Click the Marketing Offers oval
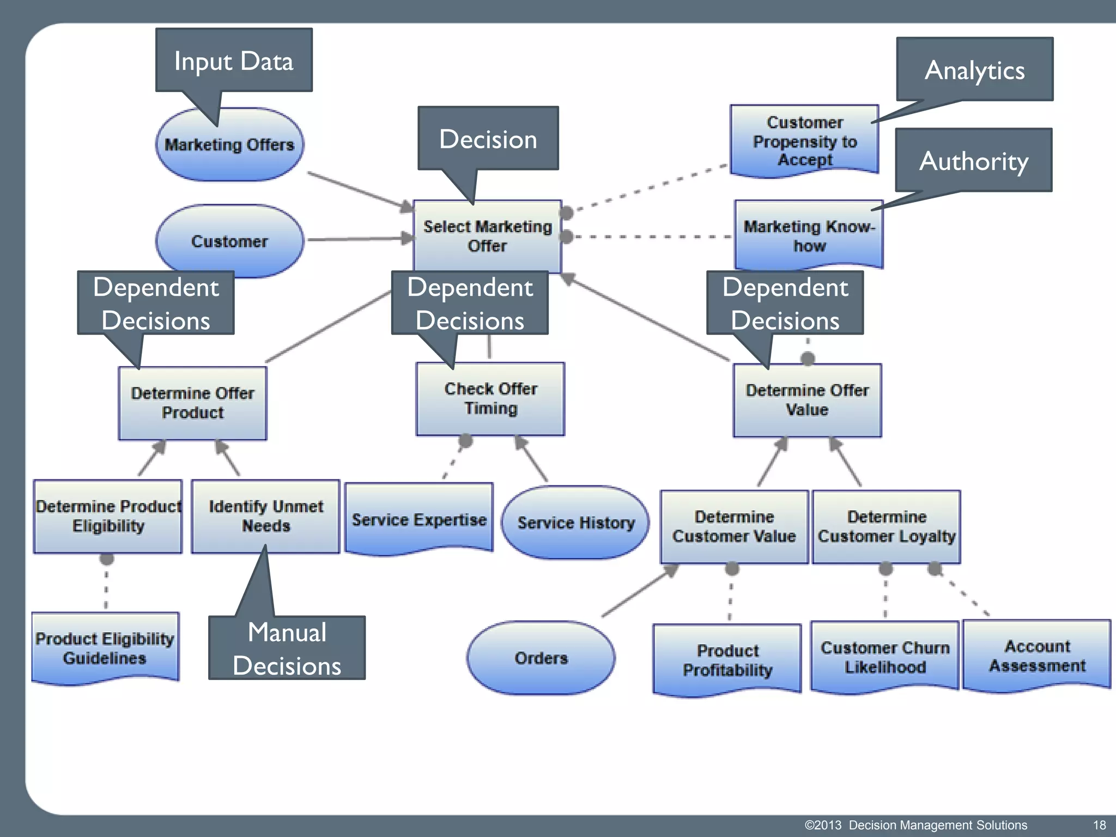[x=229, y=145]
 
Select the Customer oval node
[x=229, y=241]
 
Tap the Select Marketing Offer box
[x=487, y=236]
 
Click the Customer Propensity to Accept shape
[x=804, y=141]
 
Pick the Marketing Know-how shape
[x=809, y=235]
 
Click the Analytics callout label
[x=974, y=70]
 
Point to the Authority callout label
[x=974, y=161]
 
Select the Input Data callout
[x=234, y=60]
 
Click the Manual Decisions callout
[x=287, y=648]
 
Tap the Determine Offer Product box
[x=192, y=403]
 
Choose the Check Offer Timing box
[x=490, y=399]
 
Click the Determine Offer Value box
[x=807, y=400]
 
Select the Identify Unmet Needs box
[x=266, y=516]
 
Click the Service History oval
[x=575, y=523]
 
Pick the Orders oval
[x=541, y=658]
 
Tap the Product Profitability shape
[x=727, y=660]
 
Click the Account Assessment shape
[x=1037, y=656]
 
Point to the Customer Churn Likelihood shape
[x=885, y=657]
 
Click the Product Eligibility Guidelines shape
[x=105, y=648]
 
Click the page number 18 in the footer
[x=1099, y=825]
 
